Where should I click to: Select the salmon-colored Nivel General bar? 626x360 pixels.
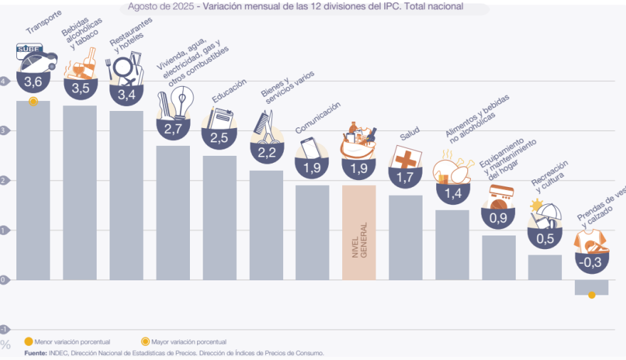(359, 232)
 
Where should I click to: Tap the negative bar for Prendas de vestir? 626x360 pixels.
(591, 287)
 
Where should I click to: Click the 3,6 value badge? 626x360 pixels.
(33, 83)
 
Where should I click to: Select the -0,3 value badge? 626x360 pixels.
(591, 262)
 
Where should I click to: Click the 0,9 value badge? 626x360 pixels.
(498, 217)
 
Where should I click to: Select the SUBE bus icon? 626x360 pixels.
(33, 55)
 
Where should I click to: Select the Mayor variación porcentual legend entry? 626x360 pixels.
(188, 342)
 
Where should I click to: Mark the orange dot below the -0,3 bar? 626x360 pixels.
(591, 295)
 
